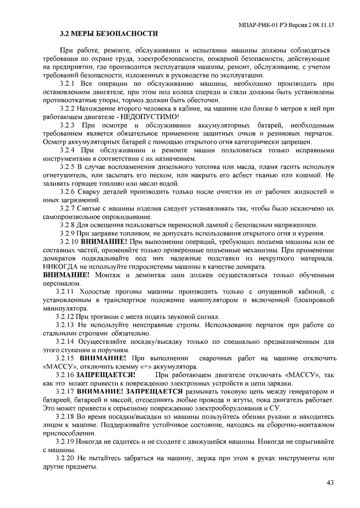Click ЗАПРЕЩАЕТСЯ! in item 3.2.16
click(x=106, y=375)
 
